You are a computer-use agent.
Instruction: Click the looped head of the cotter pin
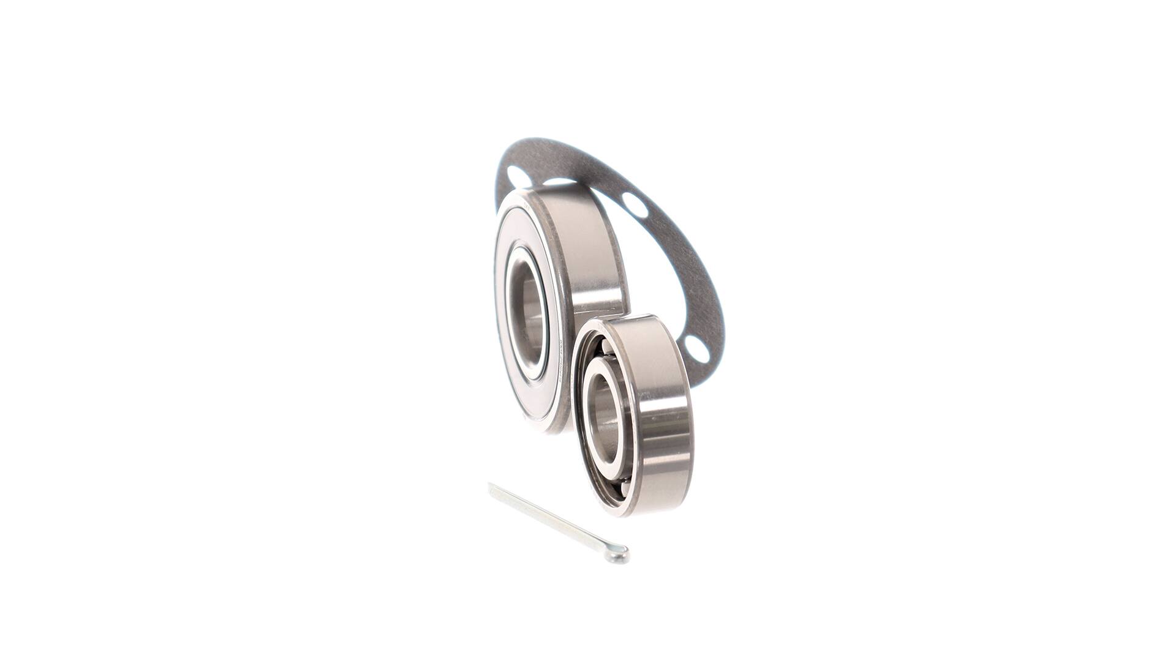[621, 556]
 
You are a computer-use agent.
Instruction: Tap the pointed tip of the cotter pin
[491, 486]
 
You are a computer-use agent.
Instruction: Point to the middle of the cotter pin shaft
[554, 520]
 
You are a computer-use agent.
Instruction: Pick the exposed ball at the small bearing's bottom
[619, 490]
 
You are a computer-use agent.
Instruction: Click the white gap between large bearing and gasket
[649, 269]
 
